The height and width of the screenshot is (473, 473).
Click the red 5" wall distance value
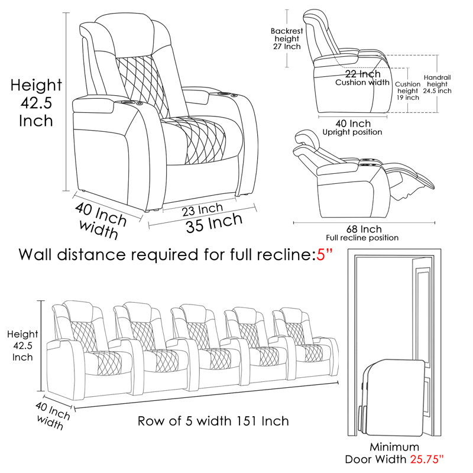(x=325, y=255)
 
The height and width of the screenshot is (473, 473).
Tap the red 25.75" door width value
(x=427, y=459)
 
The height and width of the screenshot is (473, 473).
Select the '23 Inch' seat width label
(x=202, y=209)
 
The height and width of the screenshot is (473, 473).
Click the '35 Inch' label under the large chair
(x=214, y=223)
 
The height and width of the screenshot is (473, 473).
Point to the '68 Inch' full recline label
(x=364, y=229)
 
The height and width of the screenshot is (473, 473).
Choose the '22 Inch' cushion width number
(x=362, y=74)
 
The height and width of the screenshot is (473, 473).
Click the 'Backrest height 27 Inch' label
(x=287, y=38)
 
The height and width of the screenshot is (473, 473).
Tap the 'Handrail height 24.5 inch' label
(x=437, y=84)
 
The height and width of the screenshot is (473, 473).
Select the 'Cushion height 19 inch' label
(x=408, y=91)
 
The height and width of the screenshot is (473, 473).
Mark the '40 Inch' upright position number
(x=353, y=124)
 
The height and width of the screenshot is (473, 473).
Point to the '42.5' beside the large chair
(x=36, y=103)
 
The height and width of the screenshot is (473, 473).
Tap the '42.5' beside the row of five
(x=22, y=346)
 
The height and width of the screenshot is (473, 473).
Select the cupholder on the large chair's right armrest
(x=223, y=95)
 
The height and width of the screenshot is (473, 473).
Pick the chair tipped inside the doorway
(x=392, y=397)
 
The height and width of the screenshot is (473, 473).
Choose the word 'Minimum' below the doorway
(x=394, y=447)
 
